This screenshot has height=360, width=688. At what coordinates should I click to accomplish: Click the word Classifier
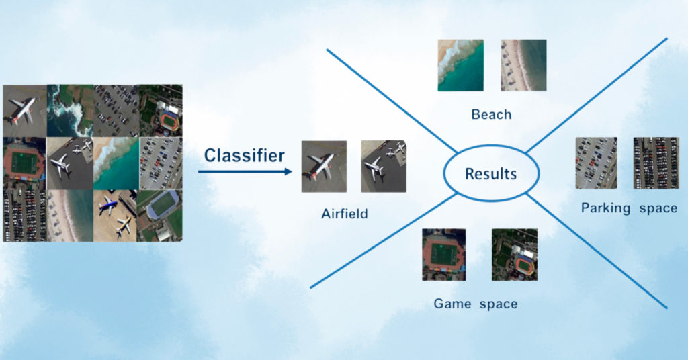(x=245, y=155)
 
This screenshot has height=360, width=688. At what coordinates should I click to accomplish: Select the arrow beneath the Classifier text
(x=245, y=171)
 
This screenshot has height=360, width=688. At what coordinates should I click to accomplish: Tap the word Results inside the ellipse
(x=490, y=174)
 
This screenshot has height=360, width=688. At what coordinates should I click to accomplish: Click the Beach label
(x=491, y=114)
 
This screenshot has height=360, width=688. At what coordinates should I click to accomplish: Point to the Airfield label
(x=345, y=214)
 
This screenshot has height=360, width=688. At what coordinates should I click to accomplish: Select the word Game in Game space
(x=452, y=304)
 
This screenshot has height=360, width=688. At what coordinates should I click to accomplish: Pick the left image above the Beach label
(x=461, y=65)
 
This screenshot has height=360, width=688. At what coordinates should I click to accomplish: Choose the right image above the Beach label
(x=523, y=65)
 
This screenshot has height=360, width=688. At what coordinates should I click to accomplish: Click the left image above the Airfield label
(x=324, y=167)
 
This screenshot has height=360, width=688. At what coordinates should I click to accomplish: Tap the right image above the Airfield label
(x=384, y=166)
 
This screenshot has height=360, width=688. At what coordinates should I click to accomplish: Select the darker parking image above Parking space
(x=656, y=163)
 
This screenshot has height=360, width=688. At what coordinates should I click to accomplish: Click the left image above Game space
(x=443, y=255)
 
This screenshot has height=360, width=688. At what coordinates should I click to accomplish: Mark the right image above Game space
(x=514, y=255)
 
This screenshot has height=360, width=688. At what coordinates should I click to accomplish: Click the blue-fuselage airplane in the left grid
(x=108, y=206)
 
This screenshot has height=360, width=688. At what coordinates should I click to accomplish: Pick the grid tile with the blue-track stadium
(x=160, y=216)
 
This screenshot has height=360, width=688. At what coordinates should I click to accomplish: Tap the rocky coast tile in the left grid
(x=70, y=111)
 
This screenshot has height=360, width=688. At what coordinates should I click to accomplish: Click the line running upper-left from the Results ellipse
(x=392, y=101)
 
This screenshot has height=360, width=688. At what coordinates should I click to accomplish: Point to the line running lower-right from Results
(x=597, y=251)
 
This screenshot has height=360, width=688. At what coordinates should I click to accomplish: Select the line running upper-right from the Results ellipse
(x=597, y=95)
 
